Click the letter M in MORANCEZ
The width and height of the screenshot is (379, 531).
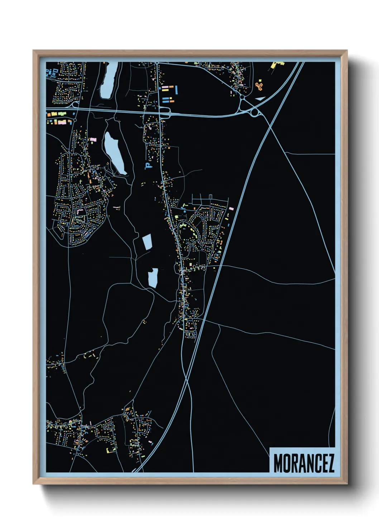(x=279, y=464)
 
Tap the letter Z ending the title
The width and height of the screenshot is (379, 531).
(x=330, y=464)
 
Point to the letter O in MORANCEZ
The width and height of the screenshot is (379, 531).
(x=287, y=464)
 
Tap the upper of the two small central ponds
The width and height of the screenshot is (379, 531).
(x=147, y=241)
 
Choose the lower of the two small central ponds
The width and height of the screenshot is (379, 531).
(x=153, y=278)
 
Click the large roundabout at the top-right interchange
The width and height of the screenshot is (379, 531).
(x=255, y=113)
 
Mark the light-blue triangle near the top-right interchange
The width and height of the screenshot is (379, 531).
(x=260, y=98)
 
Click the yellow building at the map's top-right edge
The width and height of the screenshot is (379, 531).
(x=277, y=65)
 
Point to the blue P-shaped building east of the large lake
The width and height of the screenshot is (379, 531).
(x=147, y=165)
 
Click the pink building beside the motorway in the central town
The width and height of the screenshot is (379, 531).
(x=231, y=208)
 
